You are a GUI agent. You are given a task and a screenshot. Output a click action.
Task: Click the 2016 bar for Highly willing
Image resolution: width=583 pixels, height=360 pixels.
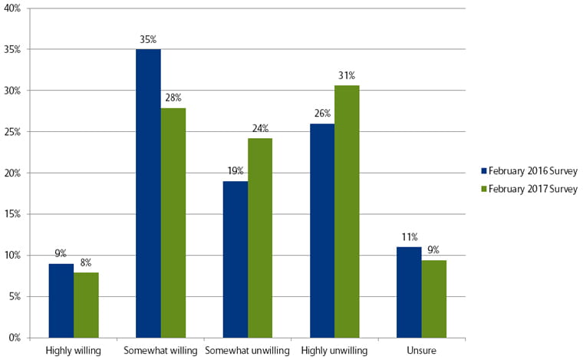[61, 300]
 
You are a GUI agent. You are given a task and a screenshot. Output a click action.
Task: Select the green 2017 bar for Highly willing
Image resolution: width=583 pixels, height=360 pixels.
[86, 305]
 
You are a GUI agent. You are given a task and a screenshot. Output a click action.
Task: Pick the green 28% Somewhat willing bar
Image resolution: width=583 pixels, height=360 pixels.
[173, 223]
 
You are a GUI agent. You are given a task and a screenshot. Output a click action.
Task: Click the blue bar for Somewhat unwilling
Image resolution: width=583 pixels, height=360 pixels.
[235, 259]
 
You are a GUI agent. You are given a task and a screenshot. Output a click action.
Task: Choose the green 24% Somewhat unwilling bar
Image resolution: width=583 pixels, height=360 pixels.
[260, 238]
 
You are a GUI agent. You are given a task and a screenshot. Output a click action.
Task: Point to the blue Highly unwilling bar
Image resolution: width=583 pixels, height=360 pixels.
[322, 230]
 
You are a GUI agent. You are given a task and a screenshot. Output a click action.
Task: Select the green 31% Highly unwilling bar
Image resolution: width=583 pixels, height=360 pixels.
[347, 211]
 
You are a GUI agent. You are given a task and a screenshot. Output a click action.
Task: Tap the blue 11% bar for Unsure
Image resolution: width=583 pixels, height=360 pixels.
[409, 292]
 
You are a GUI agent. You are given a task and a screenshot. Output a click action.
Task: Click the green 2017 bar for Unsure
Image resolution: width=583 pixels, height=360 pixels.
[434, 299]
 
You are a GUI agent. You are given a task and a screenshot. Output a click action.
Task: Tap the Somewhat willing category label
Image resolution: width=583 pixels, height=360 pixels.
[160, 351]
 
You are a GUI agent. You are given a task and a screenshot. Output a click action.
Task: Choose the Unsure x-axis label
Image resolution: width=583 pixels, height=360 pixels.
[421, 351]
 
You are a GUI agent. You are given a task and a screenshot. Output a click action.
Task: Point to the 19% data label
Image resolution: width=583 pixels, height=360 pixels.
[235, 171]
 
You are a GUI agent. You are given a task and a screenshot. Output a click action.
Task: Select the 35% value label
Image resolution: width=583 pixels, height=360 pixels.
[148, 39]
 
